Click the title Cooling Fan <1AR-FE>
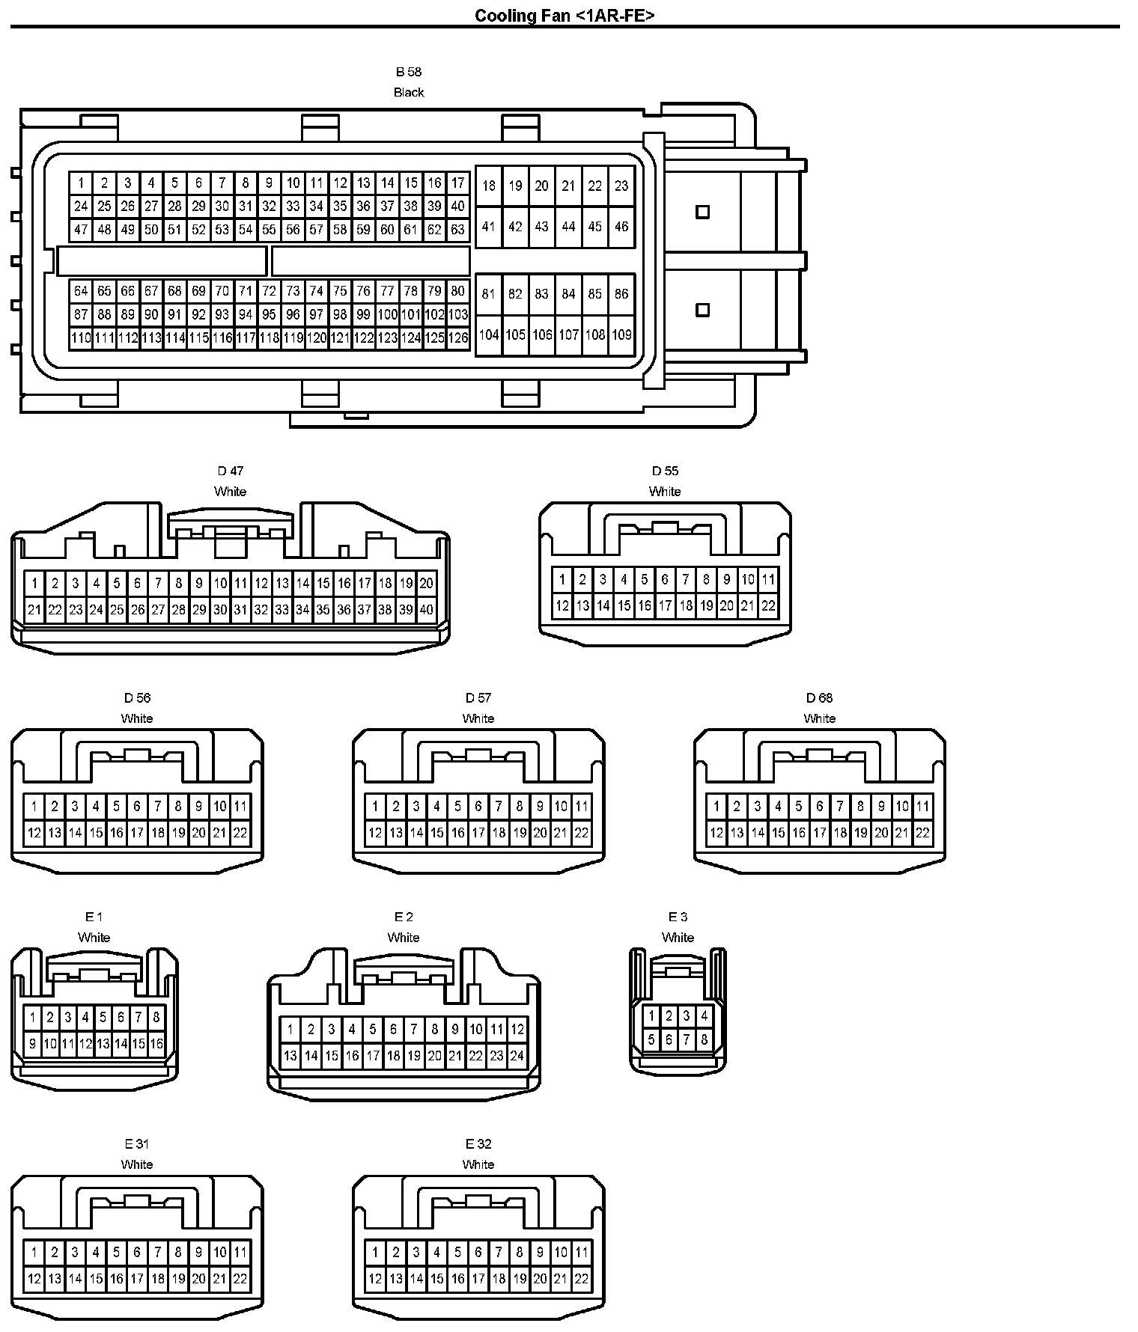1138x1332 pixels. (565, 16)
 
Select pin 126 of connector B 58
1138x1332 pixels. (458, 337)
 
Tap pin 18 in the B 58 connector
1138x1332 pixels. (489, 186)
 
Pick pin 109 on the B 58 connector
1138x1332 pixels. (621, 334)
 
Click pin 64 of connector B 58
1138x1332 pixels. (81, 291)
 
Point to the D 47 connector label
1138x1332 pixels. (230, 471)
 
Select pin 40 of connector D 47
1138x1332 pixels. (426, 610)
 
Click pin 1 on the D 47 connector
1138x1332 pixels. (34, 583)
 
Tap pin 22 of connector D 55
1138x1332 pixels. (768, 606)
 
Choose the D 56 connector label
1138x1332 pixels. (137, 697)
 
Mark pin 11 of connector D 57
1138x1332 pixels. (582, 806)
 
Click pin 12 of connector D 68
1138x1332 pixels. (716, 833)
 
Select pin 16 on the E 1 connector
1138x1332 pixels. (156, 1043)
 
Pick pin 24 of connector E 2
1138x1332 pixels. (517, 1057)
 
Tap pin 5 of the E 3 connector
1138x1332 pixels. (651, 1039)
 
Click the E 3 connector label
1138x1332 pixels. (678, 917)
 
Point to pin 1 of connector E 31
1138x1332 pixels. (34, 1252)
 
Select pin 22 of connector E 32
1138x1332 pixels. (582, 1279)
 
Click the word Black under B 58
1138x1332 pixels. (409, 92)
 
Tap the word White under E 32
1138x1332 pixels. (478, 1164)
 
